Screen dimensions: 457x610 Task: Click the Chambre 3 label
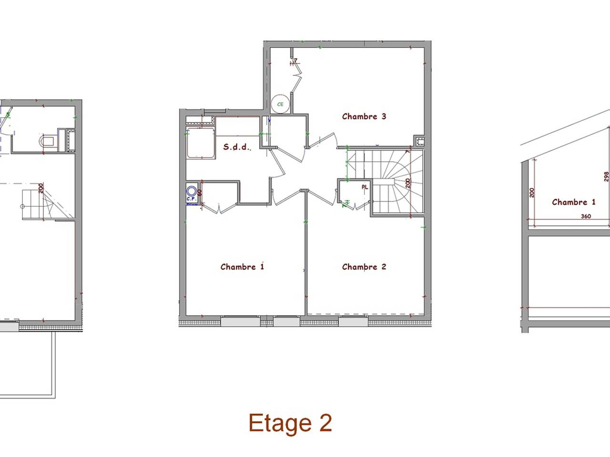point(364,116)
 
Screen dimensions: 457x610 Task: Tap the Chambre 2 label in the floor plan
point(364,267)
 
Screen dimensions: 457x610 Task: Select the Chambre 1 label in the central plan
point(242,267)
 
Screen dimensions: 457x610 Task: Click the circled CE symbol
point(280,104)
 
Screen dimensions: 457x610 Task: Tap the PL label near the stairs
point(365,187)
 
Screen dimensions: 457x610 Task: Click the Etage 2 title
point(290,423)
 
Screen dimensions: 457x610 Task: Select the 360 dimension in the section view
point(586,216)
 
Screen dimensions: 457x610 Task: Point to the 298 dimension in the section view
point(606,177)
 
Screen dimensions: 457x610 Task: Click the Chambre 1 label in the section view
point(573,202)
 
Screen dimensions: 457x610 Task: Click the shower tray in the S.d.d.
point(200,142)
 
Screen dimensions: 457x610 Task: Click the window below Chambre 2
point(353,322)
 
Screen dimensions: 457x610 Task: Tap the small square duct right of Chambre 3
point(419,140)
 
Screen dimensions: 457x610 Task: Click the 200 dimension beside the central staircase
point(408,183)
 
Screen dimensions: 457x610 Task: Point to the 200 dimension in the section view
point(532,192)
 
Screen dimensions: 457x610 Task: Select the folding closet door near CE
point(297,76)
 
